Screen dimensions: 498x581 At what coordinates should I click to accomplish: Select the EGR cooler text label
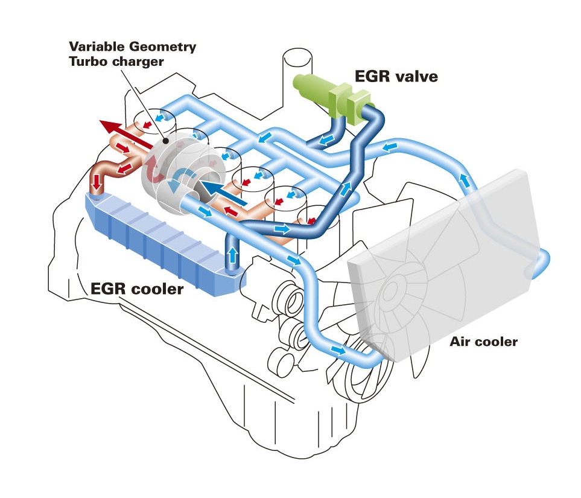click(x=137, y=289)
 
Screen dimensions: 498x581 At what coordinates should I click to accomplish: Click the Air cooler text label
click(x=483, y=342)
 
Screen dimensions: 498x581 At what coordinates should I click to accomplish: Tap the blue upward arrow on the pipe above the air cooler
click(x=464, y=179)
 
